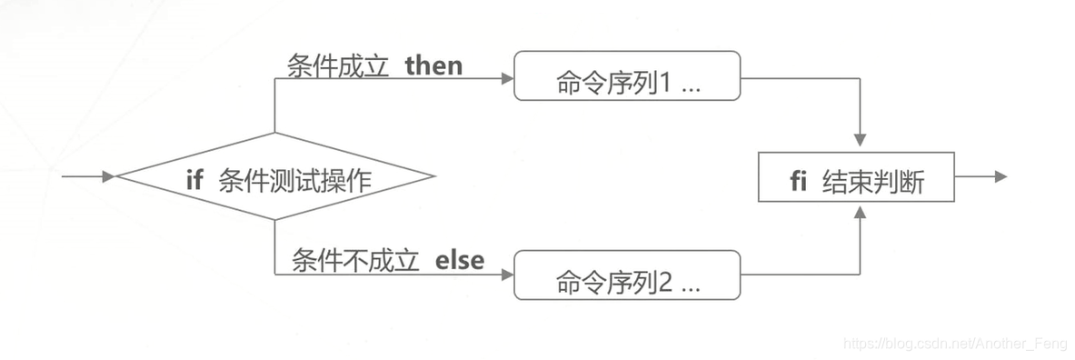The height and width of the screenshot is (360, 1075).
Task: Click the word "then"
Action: coord(433,66)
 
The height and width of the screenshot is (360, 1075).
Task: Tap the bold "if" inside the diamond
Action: coord(194,180)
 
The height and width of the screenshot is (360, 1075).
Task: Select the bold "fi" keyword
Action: coord(799,181)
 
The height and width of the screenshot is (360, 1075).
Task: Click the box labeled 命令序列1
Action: coord(627,76)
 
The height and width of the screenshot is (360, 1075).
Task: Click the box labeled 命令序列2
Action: coord(627,275)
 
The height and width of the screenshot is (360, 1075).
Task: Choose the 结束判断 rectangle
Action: coord(856,176)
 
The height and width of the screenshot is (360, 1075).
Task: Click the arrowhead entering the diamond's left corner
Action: coord(110,176)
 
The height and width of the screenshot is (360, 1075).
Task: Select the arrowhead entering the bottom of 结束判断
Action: coord(860,210)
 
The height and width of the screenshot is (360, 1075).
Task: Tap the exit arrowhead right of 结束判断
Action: coord(1000,176)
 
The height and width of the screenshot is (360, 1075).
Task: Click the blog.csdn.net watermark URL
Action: coord(954,344)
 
